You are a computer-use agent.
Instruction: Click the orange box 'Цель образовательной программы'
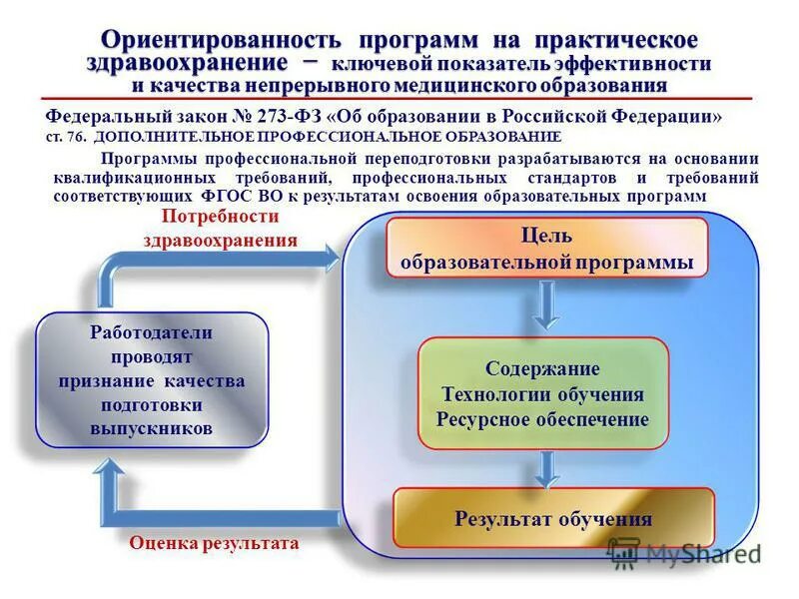pos(546,249)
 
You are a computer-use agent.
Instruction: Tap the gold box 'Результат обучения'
pos(553,518)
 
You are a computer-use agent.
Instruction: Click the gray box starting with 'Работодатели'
pos(152,381)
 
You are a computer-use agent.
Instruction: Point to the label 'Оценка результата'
pos(214,544)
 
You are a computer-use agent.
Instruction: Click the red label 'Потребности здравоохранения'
pos(220,228)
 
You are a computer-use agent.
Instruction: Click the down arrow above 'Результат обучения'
pos(544,467)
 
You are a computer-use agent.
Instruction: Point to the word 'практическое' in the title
pos(616,39)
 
